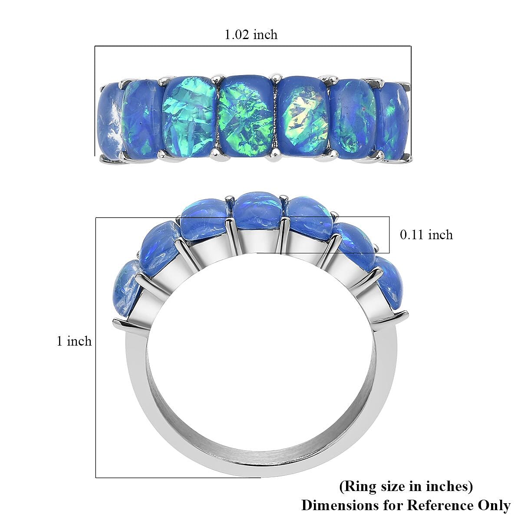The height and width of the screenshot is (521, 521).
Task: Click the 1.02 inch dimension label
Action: [251, 34]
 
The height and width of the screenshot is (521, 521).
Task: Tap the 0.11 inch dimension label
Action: [426, 235]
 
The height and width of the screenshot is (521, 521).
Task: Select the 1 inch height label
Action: [74, 341]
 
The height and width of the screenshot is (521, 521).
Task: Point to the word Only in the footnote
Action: [494, 505]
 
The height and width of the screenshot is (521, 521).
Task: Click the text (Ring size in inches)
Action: [406, 486]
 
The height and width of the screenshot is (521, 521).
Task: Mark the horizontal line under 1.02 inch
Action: [253, 46]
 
